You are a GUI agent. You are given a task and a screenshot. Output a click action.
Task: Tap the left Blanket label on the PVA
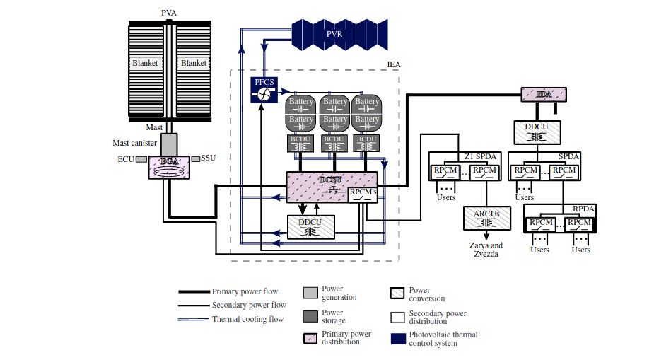click(145, 63)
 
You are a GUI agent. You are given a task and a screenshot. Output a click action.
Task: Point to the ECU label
click(127, 158)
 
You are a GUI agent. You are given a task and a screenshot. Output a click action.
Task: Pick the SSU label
click(209, 158)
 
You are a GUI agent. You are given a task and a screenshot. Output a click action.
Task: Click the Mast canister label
click(134, 143)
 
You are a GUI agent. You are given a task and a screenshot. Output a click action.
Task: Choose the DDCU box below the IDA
click(537, 131)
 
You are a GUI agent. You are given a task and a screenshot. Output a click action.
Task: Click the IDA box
click(543, 94)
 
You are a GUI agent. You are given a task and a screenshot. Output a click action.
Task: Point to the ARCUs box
click(486, 218)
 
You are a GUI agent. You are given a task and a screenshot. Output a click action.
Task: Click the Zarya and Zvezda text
click(486, 249)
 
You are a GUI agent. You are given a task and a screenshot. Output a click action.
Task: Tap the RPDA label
click(584, 209)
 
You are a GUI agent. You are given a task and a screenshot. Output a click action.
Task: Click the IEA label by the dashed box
click(394, 64)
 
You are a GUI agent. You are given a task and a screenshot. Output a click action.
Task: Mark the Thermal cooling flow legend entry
click(247, 319)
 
